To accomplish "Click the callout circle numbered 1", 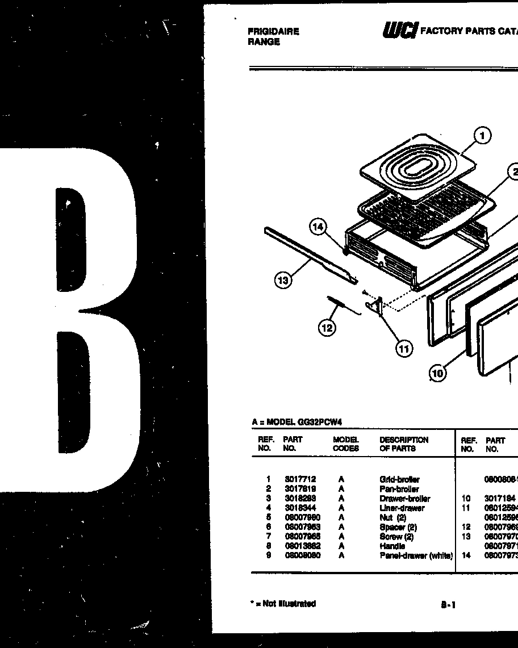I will pyautogui.click(x=482, y=136).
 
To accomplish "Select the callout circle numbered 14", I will pyautogui.click(x=318, y=228).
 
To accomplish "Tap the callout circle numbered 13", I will pyautogui.click(x=283, y=280).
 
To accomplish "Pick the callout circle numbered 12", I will pyautogui.click(x=327, y=328).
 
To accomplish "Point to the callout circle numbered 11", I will pyautogui.click(x=404, y=349).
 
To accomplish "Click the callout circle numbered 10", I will pyautogui.click(x=437, y=373).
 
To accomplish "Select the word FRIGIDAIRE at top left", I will pyautogui.click(x=273, y=32).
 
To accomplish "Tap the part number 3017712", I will pyautogui.click(x=300, y=479).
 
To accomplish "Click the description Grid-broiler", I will pyautogui.click(x=399, y=480).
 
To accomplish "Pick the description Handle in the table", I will pyautogui.click(x=392, y=546).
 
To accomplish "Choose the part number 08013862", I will pyautogui.click(x=302, y=546).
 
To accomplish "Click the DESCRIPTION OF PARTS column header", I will pyautogui.click(x=404, y=444).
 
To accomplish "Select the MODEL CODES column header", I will pyautogui.click(x=346, y=444).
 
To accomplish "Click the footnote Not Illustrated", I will pyautogui.click(x=283, y=604).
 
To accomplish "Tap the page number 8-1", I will pyautogui.click(x=448, y=605).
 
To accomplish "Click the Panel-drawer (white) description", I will pyautogui.click(x=416, y=555).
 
